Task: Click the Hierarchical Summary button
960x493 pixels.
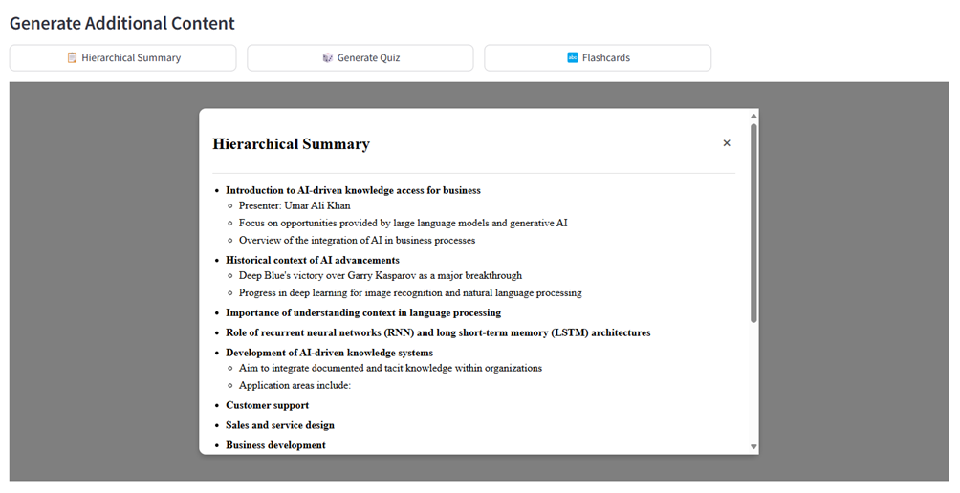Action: coord(123,58)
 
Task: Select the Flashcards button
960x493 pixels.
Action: coord(598,58)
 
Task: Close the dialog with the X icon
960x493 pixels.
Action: coord(727,143)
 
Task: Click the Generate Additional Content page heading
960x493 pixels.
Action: coord(122,23)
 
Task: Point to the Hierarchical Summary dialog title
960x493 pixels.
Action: coord(291,144)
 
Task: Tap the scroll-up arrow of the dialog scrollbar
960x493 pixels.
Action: coord(753,116)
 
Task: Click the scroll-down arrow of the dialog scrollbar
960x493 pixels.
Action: coord(753,446)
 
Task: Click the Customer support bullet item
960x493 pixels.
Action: coord(267,405)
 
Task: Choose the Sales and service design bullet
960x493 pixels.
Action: coord(279,425)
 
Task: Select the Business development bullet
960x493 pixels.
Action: coord(275,445)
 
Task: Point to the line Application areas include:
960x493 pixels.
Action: coord(295,385)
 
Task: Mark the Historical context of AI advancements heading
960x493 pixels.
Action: coord(312,260)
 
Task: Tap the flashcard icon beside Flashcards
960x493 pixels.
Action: coord(573,58)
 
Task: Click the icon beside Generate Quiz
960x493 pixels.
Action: coord(328,58)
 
